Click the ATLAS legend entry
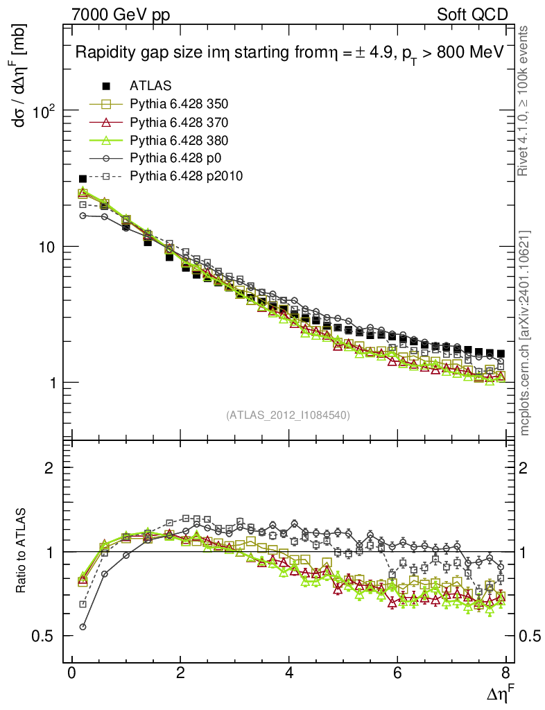pos(150,87)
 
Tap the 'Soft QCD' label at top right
pos(473,15)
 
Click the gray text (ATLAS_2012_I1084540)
pos(288,415)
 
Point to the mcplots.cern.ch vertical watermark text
pos(526,333)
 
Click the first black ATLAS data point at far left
pos(83,179)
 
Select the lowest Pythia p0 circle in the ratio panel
pos(83,627)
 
